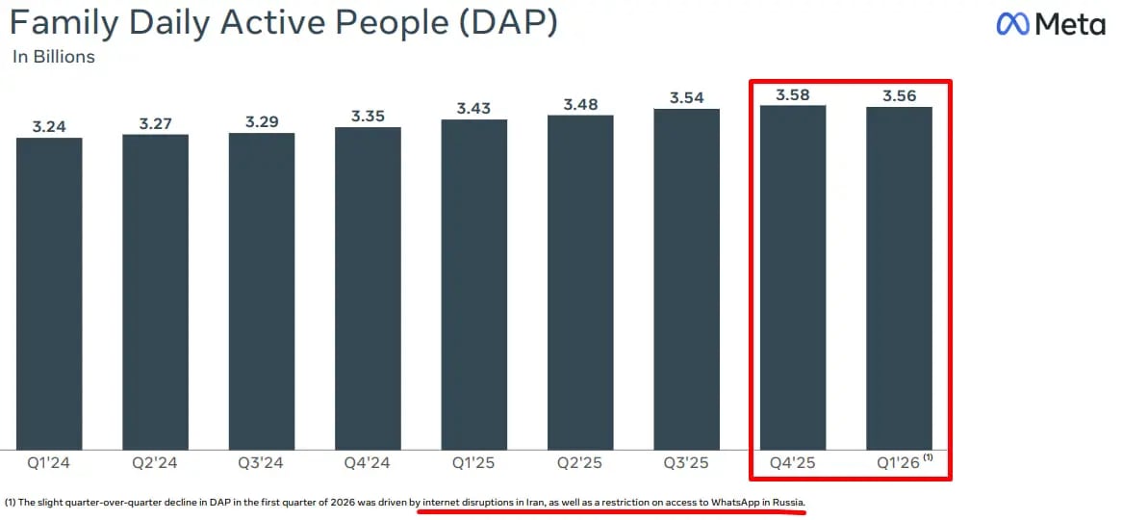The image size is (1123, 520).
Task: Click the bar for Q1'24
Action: point(49,293)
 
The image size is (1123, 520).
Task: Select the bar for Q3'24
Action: point(262,290)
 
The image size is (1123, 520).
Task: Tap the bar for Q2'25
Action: point(580,281)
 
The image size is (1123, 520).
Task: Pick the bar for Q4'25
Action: point(793,276)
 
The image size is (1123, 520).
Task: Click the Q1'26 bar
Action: point(899,277)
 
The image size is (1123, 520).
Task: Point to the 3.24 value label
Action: point(49,126)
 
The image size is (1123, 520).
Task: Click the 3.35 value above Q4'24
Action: point(368,116)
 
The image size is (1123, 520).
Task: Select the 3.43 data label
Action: point(474,108)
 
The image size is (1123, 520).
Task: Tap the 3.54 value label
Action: point(687,97)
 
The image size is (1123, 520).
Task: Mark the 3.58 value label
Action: point(793,93)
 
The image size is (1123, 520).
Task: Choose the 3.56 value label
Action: point(899,95)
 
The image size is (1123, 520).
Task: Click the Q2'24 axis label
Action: point(155,463)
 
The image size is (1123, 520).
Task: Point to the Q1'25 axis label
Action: point(473,463)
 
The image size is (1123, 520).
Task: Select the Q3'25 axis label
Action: point(686,463)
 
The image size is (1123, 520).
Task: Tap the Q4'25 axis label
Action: point(793,463)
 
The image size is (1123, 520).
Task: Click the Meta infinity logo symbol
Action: point(1013,24)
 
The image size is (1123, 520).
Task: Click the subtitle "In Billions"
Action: point(54,57)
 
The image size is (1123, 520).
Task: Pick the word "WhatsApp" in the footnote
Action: point(735,503)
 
